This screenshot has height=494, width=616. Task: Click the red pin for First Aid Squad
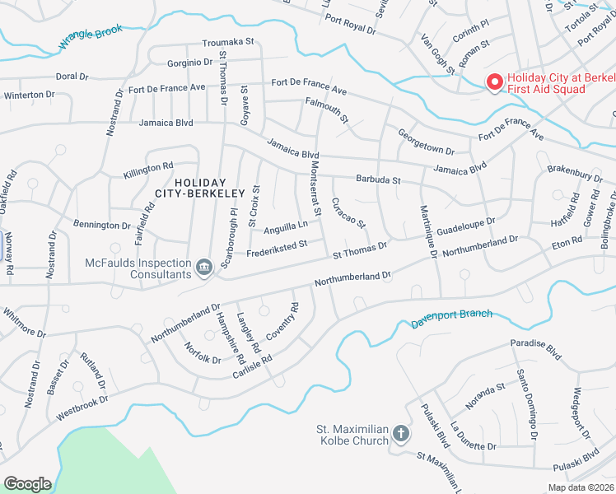(495, 82)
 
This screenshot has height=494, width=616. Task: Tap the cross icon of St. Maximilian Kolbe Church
(401, 433)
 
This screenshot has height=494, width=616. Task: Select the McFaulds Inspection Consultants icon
(204, 265)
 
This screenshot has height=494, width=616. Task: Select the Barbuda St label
(378, 179)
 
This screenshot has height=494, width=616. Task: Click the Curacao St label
(348, 212)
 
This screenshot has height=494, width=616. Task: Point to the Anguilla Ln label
(285, 225)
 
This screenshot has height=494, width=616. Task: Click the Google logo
(27, 484)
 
